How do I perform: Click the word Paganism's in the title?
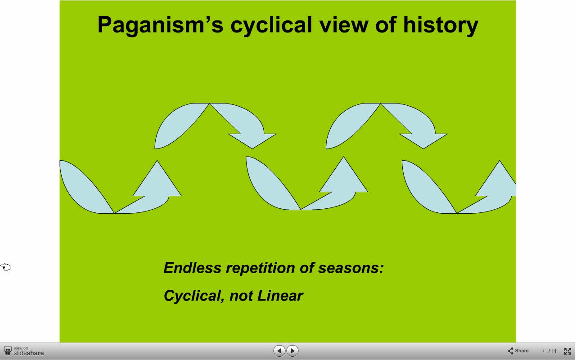pos(161,25)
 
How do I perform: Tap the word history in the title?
pos(441,25)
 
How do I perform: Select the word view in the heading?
pos(343,25)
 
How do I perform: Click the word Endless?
pos(192,268)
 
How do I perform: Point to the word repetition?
pos(260,268)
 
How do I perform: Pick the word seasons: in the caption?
pos(351,268)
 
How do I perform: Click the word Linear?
pos(280,296)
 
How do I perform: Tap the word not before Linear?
pos(242,296)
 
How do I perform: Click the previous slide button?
pos(279,351)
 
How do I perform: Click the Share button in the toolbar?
pos(518,351)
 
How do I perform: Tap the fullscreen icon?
pos(567,351)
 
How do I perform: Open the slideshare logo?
pos(24,351)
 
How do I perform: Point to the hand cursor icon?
pos(5,267)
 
